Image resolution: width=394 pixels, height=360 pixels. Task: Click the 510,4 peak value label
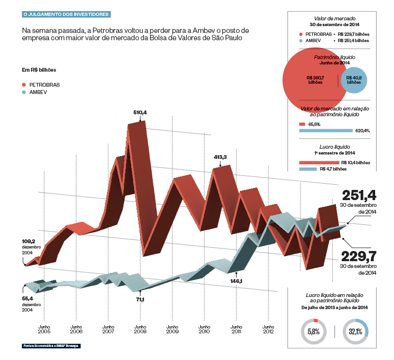coord(140,112)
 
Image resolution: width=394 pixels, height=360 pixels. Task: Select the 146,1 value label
coord(236,281)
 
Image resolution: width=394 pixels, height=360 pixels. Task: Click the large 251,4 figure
coord(359,195)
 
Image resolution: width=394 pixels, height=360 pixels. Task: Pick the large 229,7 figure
coord(359,255)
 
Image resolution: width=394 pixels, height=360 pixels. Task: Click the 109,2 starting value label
coord(30,241)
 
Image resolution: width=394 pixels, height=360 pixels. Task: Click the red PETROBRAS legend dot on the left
coord(25,85)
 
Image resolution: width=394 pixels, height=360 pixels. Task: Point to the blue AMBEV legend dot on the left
coord(25,92)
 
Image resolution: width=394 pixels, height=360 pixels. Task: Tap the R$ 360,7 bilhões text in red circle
coord(315,80)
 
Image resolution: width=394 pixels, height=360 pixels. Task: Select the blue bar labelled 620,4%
coord(326,130)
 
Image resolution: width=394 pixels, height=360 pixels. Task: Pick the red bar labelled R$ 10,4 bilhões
coord(319,163)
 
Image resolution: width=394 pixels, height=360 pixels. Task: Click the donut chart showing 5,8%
coord(314,331)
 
